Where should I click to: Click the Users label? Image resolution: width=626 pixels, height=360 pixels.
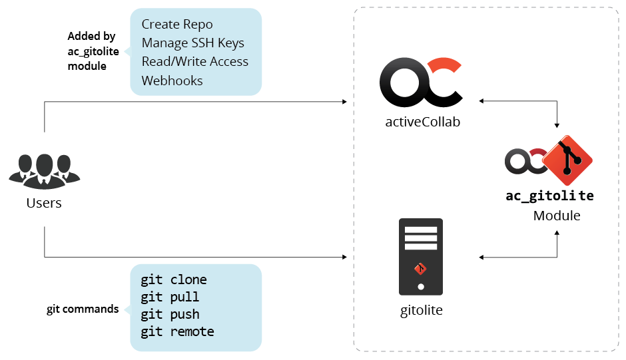[44, 203]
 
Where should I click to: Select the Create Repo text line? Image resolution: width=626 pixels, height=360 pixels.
[177, 25]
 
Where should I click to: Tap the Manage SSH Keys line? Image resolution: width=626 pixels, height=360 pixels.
[192, 43]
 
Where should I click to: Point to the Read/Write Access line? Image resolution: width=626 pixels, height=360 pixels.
[194, 62]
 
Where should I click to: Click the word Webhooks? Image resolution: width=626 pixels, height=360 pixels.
[172, 81]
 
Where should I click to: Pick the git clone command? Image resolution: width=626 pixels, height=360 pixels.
[173, 280]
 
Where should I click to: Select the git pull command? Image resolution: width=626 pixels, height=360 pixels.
[170, 297]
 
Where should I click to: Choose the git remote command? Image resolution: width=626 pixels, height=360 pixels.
[177, 332]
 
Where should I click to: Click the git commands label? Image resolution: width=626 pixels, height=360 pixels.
[83, 309]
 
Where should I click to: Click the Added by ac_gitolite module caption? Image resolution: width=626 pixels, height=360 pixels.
[91, 51]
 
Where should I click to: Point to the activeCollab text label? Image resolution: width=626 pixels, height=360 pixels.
[422, 122]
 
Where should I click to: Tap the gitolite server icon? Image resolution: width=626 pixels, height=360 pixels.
[420, 256]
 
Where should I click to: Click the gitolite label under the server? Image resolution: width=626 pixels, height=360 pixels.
[420, 310]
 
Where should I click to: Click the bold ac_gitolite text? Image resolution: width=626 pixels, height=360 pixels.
[550, 196]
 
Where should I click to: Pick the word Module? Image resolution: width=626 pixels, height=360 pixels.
[557, 216]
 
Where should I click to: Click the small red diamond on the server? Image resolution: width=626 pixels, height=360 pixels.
[420, 269]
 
